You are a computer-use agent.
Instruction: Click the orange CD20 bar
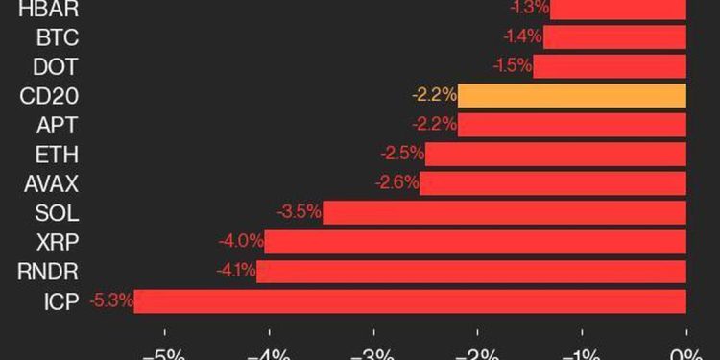point(572,96)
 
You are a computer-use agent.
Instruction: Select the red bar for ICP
point(410,300)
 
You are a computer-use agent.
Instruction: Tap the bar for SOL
point(504,212)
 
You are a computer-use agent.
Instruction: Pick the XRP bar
point(475,242)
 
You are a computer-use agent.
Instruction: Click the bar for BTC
point(614,37)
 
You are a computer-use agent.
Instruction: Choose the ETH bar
point(555,155)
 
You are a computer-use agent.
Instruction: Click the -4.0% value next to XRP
point(240,242)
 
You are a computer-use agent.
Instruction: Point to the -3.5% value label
point(299,212)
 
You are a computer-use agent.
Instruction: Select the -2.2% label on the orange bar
point(434,96)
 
